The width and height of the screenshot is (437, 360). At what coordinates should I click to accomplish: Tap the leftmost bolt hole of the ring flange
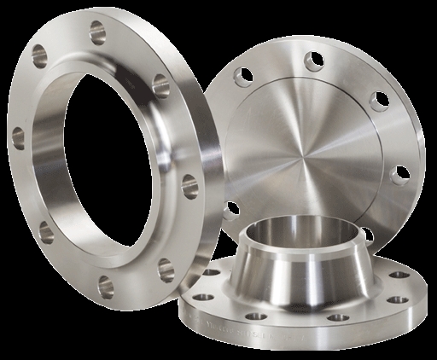click(x=17, y=136)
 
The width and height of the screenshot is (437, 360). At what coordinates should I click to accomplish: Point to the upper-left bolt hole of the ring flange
click(x=39, y=57)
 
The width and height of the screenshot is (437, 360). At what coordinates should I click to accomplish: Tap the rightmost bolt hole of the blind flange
click(x=398, y=176)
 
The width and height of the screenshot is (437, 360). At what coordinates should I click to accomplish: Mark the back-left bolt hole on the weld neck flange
click(x=207, y=275)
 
